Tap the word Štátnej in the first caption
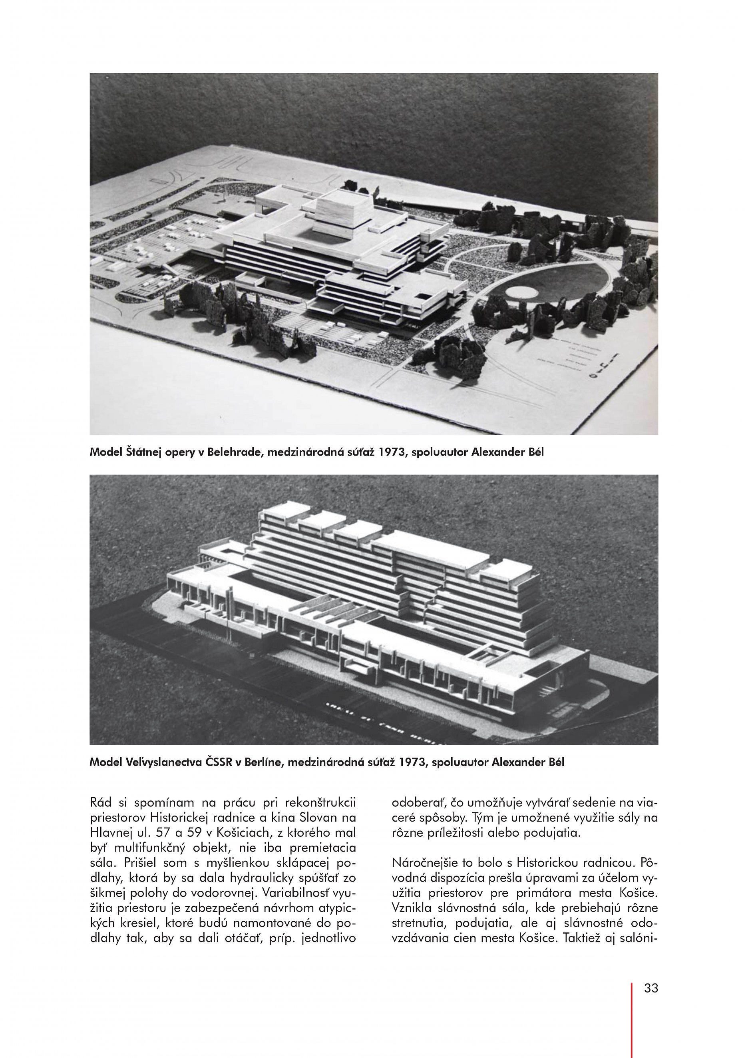click(136, 452)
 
